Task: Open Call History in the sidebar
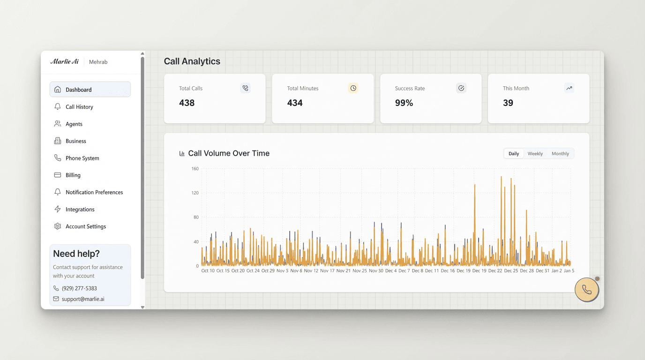point(79,107)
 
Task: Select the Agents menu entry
point(74,124)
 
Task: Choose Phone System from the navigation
point(82,158)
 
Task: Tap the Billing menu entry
point(73,175)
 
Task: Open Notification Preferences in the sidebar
point(94,192)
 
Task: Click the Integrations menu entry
point(80,210)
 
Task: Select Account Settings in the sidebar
point(85,226)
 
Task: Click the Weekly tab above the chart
point(535,154)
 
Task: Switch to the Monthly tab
point(560,154)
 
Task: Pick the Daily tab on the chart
point(514,154)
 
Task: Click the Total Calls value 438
point(187,103)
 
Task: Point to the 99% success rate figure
point(404,103)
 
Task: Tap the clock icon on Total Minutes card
point(353,88)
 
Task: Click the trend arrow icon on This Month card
point(569,88)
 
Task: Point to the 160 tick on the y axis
point(195,169)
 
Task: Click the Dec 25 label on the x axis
point(511,271)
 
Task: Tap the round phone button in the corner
point(586,290)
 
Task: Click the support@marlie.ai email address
point(83,299)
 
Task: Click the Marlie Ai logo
point(64,62)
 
